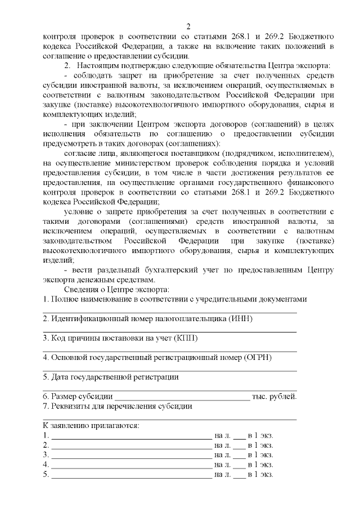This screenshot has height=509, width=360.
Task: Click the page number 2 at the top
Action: [x=188, y=26]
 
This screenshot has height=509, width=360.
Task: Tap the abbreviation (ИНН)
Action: [x=241, y=318]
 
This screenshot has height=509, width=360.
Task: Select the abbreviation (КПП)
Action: [x=187, y=338]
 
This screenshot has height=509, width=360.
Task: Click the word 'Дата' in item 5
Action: [x=60, y=377]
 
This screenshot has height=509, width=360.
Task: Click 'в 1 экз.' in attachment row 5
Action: [x=261, y=474]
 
